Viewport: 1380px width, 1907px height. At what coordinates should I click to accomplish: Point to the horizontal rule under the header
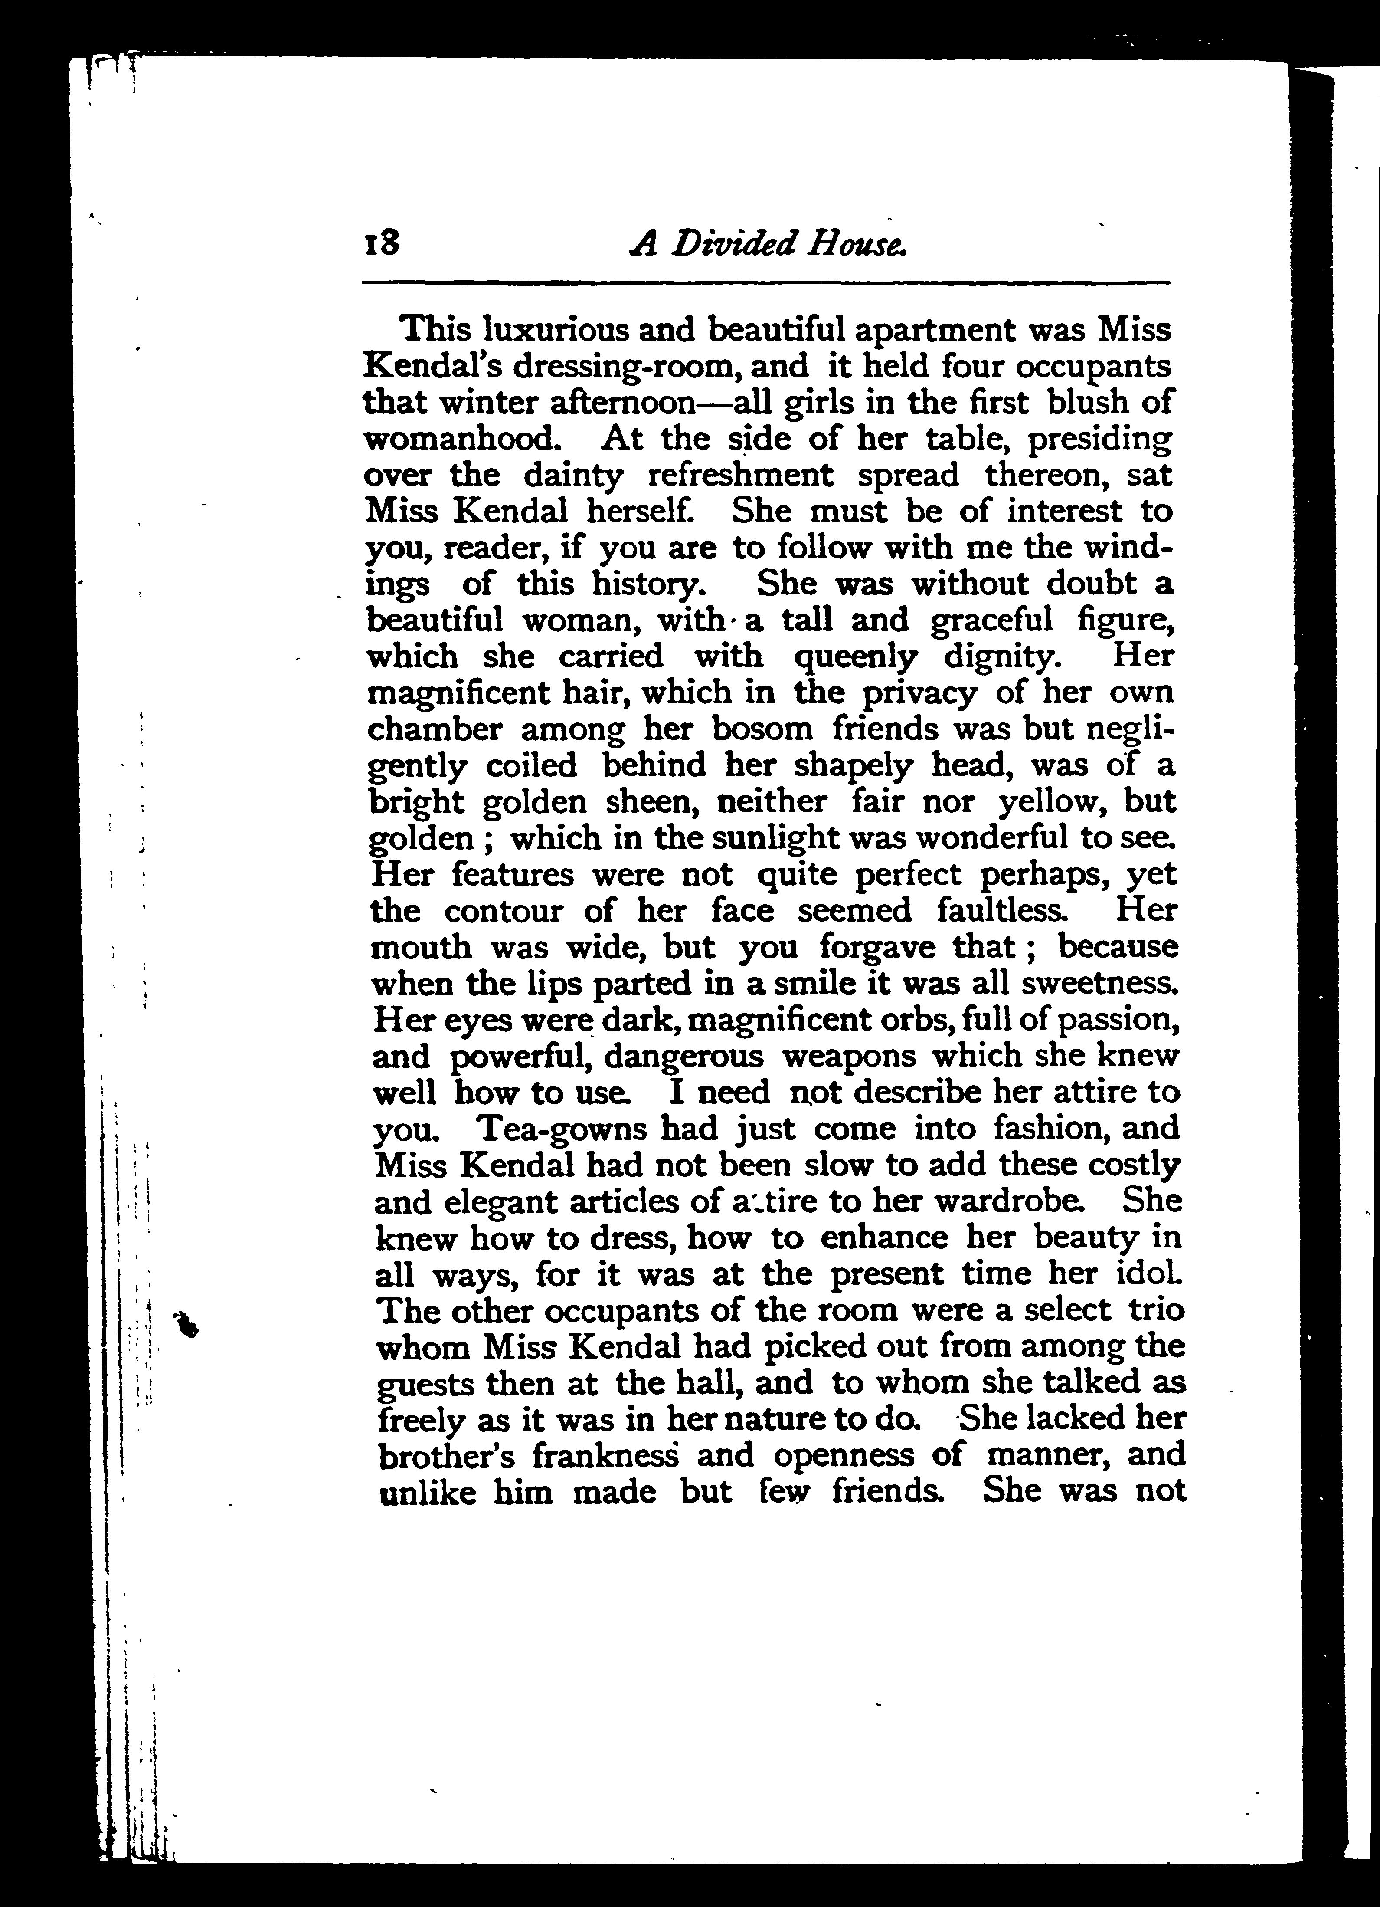[765, 282]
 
